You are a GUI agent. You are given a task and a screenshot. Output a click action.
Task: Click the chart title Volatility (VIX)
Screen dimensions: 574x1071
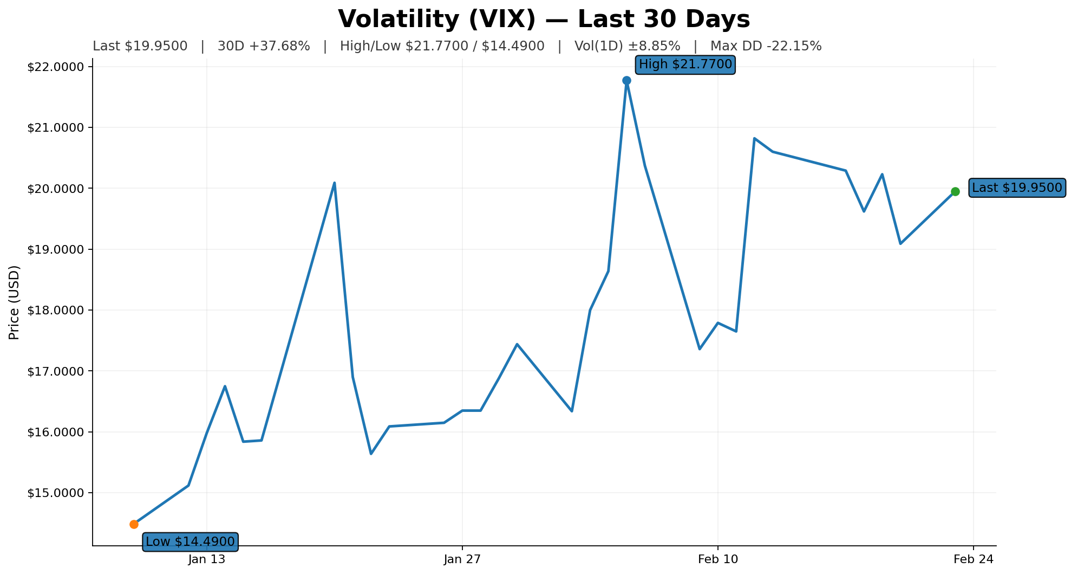click(x=544, y=20)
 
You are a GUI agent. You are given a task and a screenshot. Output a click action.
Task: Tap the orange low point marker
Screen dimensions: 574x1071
click(x=134, y=524)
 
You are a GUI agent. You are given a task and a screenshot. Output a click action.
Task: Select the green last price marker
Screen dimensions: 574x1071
click(x=955, y=191)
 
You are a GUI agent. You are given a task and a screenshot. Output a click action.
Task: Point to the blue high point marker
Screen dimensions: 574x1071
click(x=626, y=80)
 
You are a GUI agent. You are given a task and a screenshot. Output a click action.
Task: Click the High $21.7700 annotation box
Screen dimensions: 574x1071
click(x=685, y=65)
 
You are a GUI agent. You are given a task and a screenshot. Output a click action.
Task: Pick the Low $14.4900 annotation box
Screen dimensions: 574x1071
click(x=190, y=541)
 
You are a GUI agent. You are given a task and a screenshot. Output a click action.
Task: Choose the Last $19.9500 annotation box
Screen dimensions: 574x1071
click(x=1017, y=188)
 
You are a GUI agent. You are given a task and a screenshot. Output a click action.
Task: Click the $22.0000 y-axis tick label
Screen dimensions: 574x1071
click(x=56, y=67)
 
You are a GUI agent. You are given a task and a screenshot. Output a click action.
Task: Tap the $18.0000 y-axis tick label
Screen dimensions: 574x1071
click(x=56, y=311)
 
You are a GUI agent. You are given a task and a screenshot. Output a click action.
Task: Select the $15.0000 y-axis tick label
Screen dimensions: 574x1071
click(x=56, y=493)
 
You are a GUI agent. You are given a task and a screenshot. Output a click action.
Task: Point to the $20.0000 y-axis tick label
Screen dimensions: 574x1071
click(x=56, y=189)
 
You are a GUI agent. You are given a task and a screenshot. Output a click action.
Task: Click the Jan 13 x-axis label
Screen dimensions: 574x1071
click(x=207, y=559)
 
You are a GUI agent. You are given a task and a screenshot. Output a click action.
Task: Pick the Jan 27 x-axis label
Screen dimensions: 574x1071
click(x=462, y=559)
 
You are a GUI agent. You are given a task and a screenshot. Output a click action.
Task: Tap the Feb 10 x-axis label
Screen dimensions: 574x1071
click(x=718, y=559)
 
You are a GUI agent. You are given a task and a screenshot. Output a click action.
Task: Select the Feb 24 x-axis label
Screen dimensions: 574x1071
click(x=973, y=559)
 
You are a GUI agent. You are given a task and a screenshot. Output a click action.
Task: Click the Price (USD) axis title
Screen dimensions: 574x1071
click(x=15, y=302)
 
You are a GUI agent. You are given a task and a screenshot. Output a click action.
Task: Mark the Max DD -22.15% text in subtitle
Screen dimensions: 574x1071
click(x=766, y=47)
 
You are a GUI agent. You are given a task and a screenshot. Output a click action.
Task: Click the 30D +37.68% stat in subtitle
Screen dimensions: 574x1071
click(x=264, y=47)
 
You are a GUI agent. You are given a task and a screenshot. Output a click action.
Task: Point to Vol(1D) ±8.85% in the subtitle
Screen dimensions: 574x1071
click(x=627, y=47)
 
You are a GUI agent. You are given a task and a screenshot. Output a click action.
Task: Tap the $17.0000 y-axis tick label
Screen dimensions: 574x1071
click(x=56, y=371)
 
